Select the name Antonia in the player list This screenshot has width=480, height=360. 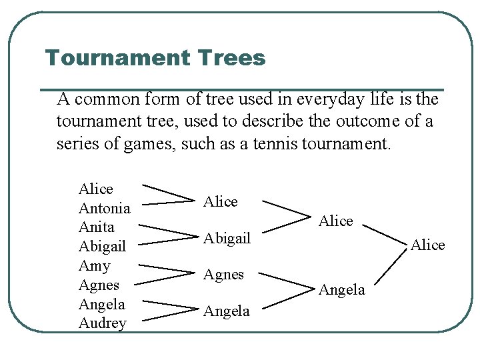point(104,209)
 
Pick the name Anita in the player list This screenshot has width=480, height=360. point(97,227)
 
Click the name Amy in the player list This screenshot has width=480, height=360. point(94,266)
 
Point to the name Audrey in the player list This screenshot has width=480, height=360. point(102,323)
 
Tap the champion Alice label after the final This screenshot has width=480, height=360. point(427,245)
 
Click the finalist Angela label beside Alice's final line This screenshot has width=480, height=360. point(342,289)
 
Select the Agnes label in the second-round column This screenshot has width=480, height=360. point(223,274)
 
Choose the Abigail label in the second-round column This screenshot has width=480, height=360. point(227,238)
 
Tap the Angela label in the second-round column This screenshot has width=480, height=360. point(226,311)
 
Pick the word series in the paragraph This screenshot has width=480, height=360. point(77,144)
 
